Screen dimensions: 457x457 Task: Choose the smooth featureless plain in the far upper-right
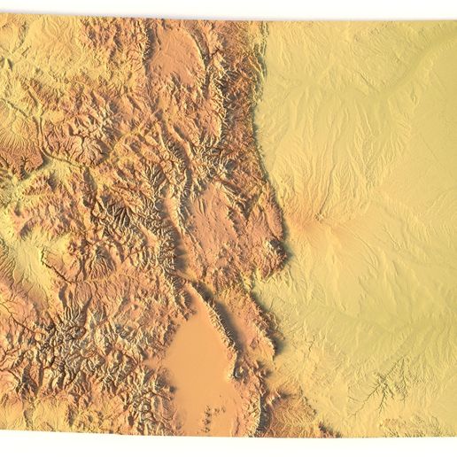coord(416,53)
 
